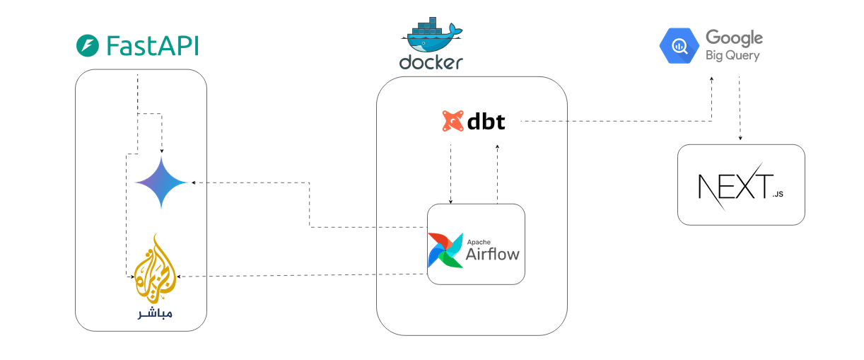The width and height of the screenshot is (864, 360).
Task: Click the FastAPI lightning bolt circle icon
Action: pos(87,46)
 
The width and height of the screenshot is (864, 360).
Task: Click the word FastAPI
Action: pos(152,46)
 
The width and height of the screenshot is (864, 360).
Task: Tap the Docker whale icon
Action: pos(431,35)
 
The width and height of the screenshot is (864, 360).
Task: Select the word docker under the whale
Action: pos(431,62)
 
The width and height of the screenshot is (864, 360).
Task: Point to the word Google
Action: pos(734,37)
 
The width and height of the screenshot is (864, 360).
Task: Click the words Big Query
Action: pos(732,56)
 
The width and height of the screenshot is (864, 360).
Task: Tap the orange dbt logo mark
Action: pos(453,122)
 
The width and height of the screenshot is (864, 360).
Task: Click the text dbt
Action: pos(486,122)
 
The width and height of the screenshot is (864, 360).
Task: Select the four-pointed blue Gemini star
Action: pos(161,182)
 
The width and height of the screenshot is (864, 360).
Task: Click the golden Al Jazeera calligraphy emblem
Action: pos(155,269)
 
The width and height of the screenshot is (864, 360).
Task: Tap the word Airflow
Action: pos(492,255)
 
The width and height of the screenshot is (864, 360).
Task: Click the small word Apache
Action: pos(478,240)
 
